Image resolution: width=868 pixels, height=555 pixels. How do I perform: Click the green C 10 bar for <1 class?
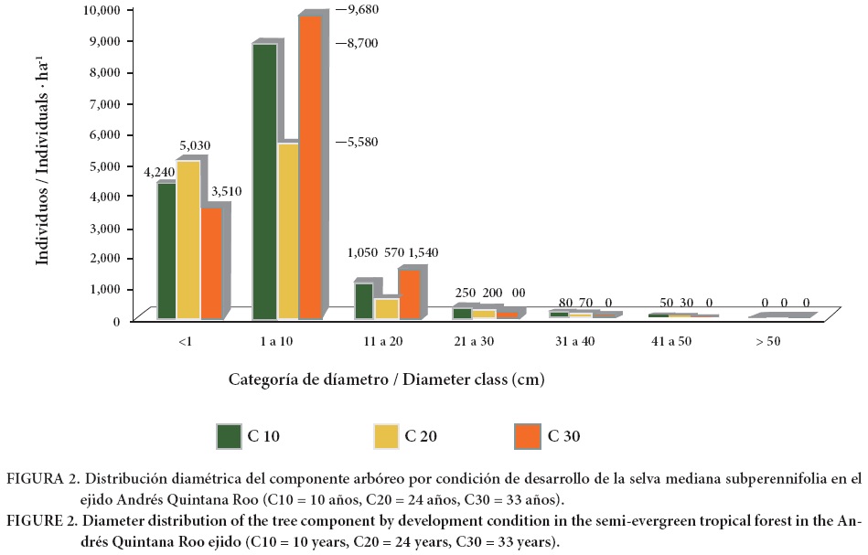166,251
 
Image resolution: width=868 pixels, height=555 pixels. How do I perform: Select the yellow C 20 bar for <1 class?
188,240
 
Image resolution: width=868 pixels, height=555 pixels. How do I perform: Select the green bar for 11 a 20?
363,301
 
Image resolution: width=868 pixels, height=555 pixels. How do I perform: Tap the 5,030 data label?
195,145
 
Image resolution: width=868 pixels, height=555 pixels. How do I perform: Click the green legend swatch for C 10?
228,436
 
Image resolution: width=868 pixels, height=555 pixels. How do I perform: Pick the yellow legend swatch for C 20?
387,436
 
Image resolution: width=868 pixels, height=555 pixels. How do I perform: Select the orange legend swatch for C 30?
528,436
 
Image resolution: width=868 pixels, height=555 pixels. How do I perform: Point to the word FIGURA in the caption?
31,479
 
